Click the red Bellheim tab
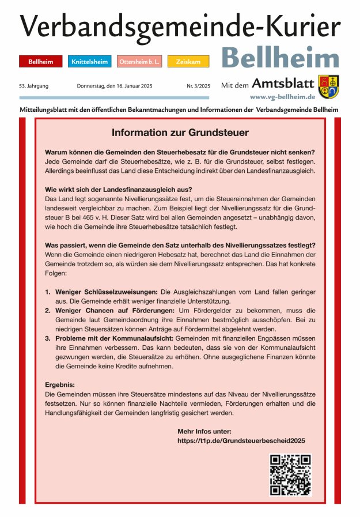click(41, 61)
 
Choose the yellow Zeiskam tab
click(188, 61)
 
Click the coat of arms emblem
click(328, 86)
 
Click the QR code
click(290, 474)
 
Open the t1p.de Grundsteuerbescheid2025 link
click(241, 440)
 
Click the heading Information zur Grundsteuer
click(180, 133)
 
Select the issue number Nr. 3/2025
click(198, 86)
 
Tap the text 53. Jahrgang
click(33, 86)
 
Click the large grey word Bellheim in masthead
click(280, 58)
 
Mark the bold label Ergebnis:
click(60, 384)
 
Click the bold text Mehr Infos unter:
click(204, 431)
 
